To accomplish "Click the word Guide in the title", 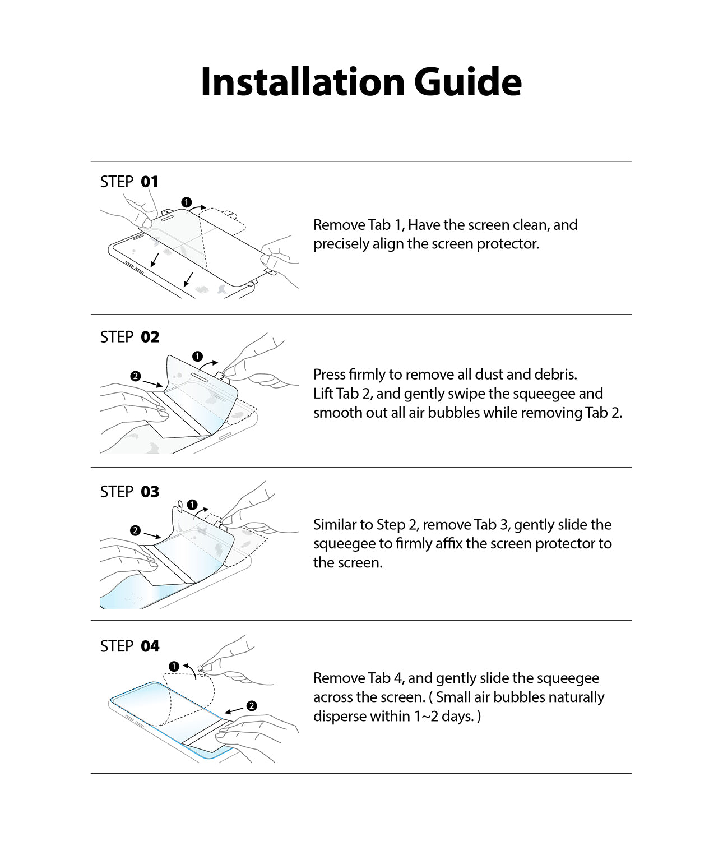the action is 467,82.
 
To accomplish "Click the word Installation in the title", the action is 303,82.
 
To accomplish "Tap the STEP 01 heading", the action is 129,182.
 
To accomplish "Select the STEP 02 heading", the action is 129,337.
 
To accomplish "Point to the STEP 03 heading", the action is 129,492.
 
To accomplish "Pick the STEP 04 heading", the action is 129,646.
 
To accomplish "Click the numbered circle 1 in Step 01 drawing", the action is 186,202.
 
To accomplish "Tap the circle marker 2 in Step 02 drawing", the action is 136,376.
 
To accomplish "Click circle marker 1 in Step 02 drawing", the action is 197,357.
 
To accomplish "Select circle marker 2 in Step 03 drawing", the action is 136,530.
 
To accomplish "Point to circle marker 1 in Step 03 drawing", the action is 192,505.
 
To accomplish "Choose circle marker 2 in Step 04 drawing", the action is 251,705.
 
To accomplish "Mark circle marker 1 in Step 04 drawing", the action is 174,666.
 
